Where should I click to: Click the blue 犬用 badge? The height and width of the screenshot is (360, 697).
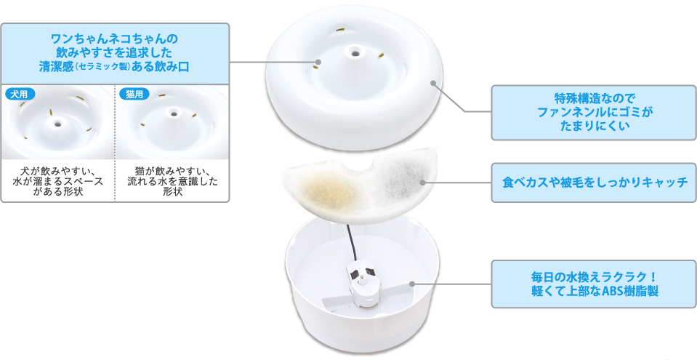20,94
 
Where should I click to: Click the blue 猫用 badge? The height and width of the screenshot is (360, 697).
134,94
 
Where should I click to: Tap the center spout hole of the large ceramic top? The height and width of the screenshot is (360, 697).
355,53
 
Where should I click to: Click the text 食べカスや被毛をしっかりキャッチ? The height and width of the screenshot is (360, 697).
595,183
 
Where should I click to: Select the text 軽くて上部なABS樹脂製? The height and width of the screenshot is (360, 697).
595,292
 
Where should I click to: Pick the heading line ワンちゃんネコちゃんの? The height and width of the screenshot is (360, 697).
115,39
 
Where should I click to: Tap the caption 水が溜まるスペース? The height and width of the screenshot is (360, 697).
58,182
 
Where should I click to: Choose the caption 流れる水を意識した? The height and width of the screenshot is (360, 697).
172,182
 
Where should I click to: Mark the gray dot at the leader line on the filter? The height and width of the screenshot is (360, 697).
422,183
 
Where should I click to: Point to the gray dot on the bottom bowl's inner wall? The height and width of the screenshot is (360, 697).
412,284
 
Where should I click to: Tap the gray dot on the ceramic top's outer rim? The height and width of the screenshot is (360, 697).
432,83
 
